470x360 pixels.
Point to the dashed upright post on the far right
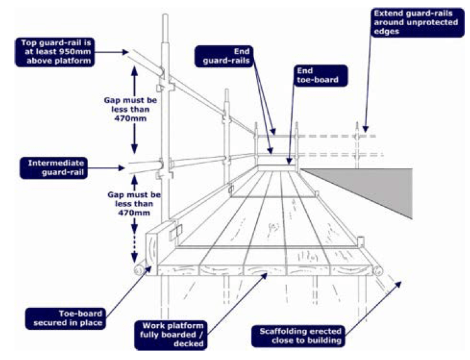tap(360, 145)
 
